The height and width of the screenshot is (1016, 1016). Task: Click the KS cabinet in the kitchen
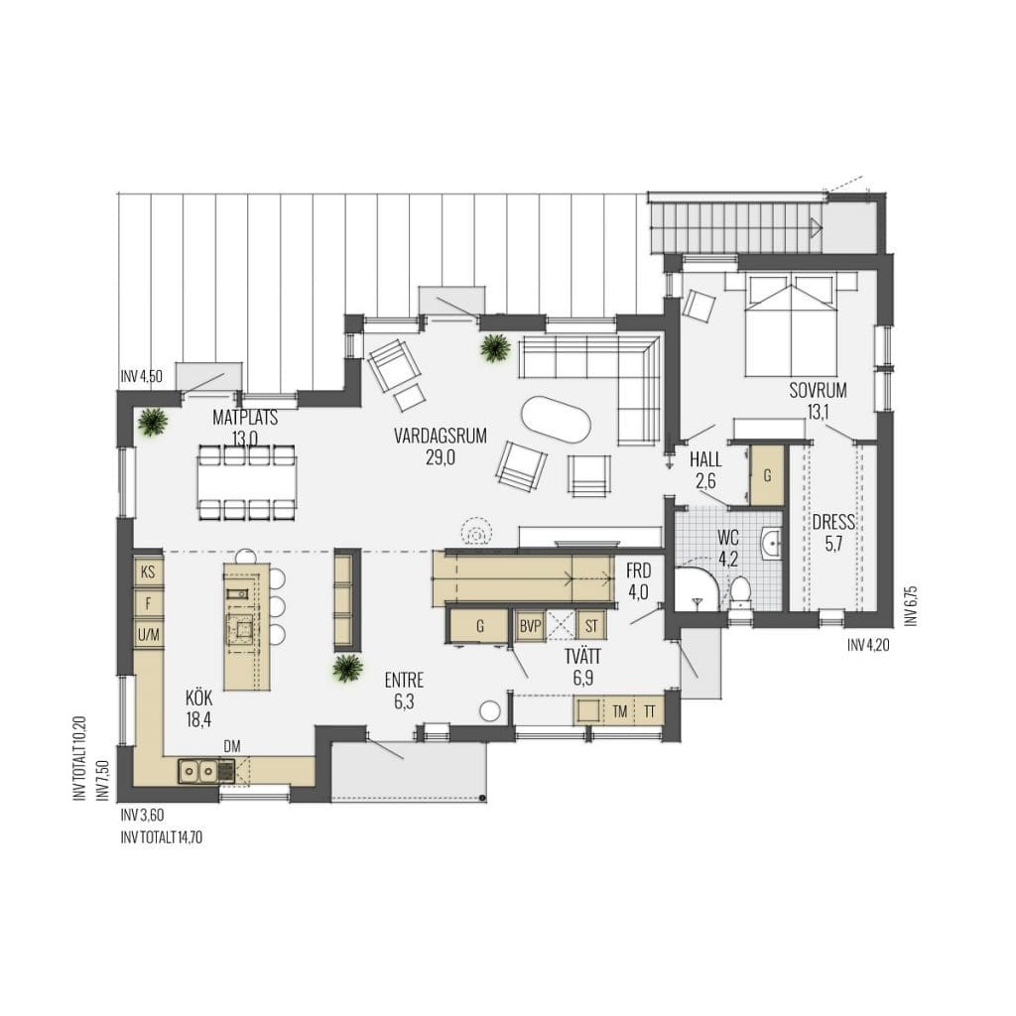point(149,572)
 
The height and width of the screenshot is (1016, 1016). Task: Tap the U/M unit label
point(149,635)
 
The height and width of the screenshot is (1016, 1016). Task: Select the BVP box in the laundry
point(530,627)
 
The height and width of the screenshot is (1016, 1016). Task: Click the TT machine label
point(649,712)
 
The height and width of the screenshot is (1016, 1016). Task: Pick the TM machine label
point(620,712)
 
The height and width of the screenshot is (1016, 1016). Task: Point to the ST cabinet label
point(591,627)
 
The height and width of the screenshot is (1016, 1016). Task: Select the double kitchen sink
point(198,770)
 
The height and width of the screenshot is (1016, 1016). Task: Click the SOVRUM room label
point(818,390)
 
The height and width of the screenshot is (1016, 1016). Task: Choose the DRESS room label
point(833,522)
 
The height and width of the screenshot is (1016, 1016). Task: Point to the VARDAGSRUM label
point(440,436)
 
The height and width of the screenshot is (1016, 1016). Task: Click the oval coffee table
point(556,421)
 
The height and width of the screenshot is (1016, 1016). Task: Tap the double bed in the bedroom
point(791,324)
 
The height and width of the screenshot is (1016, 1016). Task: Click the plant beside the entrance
point(347,668)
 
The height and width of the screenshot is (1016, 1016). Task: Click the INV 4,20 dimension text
point(867,645)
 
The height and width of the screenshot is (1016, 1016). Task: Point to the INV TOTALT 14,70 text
point(162,837)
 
